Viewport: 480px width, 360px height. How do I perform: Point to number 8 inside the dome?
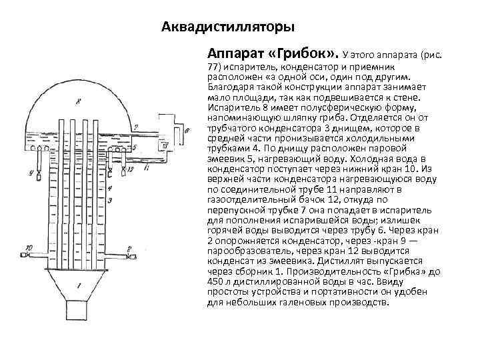79,101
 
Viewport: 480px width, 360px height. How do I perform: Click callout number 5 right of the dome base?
135,147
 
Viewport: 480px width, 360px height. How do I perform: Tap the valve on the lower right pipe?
129,256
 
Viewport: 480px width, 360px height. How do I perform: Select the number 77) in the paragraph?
215,68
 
